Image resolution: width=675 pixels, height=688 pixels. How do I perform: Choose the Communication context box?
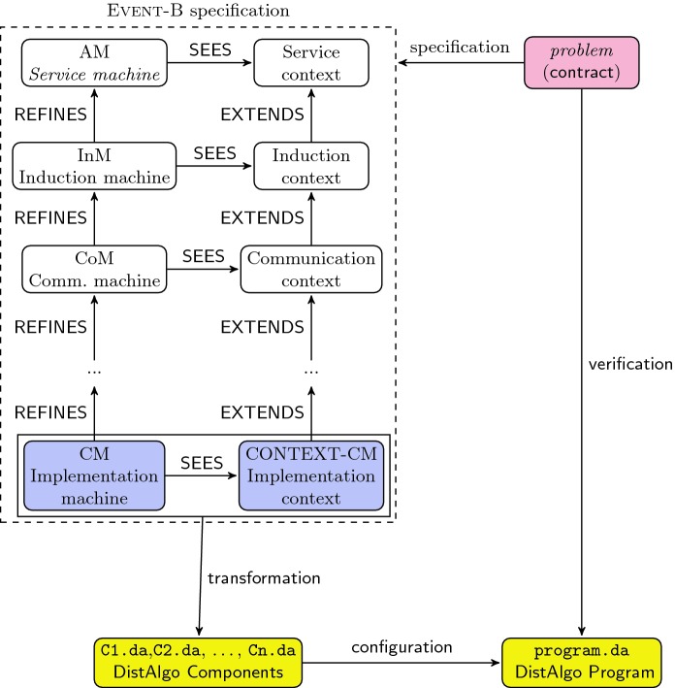coord(310,269)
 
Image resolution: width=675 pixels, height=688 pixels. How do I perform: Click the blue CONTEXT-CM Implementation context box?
coord(310,475)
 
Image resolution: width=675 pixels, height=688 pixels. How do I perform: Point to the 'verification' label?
coord(630,365)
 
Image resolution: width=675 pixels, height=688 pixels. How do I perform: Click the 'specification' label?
coord(459,48)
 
